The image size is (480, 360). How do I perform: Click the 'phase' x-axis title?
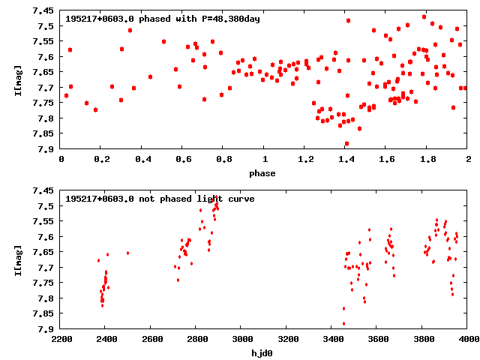[264, 173]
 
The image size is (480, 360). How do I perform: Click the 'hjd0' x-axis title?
[264, 353]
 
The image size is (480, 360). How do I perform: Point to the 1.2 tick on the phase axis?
[305, 160]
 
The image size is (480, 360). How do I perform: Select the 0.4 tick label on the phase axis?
[142, 160]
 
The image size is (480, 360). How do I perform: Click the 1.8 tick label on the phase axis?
[427, 160]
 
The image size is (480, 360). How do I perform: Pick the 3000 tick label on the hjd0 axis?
[240, 340]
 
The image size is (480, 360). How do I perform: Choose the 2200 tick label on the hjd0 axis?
[61, 340]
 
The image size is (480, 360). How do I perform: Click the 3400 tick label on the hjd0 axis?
[331, 340]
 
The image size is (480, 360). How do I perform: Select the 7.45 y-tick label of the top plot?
[43, 11]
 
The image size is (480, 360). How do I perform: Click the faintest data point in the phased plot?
[346, 143]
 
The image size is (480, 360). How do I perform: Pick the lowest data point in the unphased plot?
[343, 323]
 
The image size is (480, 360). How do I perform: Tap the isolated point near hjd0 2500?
[127, 253]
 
